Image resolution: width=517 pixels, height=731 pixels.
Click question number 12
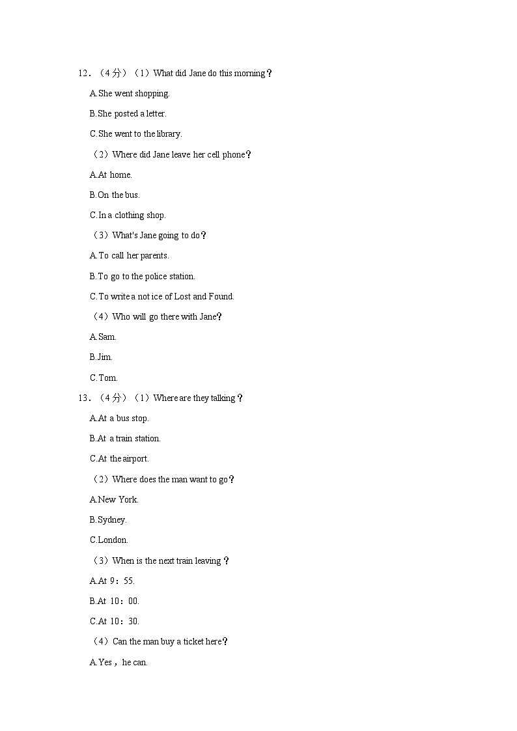pyautogui.click(x=83, y=74)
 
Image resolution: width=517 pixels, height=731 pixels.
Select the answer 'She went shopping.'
pyautogui.click(x=130, y=94)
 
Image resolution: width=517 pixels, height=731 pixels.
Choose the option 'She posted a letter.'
pyautogui.click(x=128, y=114)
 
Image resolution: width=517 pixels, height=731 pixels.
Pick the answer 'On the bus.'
pyautogui.click(x=115, y=195)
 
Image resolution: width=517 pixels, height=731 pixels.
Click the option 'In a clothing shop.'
pyautogui.click(x=128, y=215)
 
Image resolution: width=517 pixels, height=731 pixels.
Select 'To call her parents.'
pyautogui.click(x=129, y=256)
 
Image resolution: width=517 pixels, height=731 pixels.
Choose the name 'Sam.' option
pyautogui.click(x=103, y=337)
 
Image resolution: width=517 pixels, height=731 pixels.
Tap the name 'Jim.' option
pyautogui.click(x=101, y=357)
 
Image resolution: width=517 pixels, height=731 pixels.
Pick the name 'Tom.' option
pyautogui.click(x=104, y=378)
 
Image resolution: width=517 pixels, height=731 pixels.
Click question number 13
pyautogui.click(x=83, y=398)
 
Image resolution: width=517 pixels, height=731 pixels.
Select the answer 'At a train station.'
pyautogui.click(x=125, y=439)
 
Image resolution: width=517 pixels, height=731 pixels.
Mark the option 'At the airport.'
pyautogui.click(x=119, y=459)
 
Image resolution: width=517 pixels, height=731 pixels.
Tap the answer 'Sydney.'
pyautogui.click(x=108, y=520)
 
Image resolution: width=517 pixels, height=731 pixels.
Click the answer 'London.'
pyautogui.click(x=109, y=540)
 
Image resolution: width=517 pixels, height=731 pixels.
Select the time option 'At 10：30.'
pyautogui.click(x=115, y=622)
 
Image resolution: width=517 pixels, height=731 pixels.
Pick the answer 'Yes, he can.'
pyautogui.click(x=119, y=663)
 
